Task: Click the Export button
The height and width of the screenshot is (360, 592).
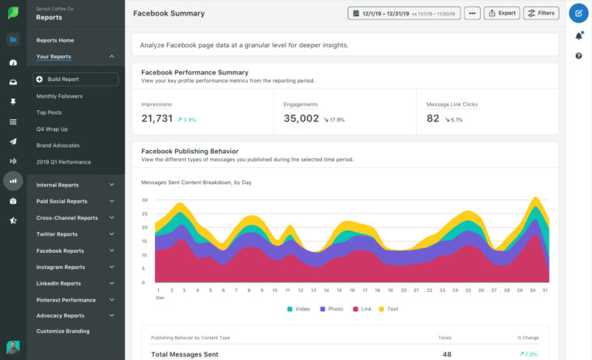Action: pos(502,13)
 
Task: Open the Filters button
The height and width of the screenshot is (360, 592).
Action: pos(541,13)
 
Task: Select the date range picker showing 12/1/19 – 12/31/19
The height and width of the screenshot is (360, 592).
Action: pos(404,13)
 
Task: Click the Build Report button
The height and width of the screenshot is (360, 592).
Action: pos(75,79)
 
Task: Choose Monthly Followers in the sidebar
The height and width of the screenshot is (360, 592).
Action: pos(59,96)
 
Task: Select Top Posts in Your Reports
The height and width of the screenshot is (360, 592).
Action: pos(49,113)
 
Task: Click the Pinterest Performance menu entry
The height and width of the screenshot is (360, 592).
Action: pos(66,300)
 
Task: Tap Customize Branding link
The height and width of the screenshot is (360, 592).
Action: pos(62,331)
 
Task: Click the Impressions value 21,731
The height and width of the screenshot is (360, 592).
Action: pos(157,118)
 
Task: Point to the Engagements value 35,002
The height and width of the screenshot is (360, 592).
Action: pos(301,118)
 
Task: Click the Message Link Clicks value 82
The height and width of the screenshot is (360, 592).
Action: pos(433,118)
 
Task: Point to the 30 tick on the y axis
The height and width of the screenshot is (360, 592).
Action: pos(144,199)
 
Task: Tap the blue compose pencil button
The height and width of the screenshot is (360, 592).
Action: pos(578,14)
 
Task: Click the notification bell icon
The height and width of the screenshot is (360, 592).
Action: pos(578,36)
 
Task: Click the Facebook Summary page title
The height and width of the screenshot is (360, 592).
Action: pos(169,14)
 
